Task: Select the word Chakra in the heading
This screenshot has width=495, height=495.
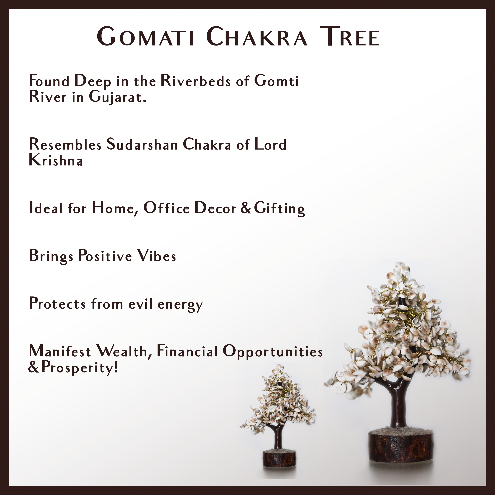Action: click(x=256, y=37)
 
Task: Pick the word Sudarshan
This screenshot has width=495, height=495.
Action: click(x=142, y=144)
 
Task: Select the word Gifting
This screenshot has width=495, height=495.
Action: click(x=279, y=209)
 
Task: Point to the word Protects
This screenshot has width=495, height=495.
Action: click(x=57, y=304)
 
